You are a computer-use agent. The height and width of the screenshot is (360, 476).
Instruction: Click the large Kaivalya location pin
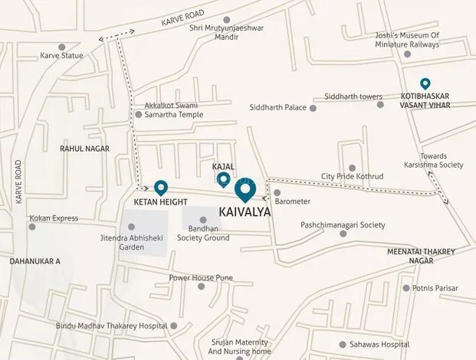coord(245,190)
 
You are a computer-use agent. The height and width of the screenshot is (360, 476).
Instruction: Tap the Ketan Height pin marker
coord(161,187)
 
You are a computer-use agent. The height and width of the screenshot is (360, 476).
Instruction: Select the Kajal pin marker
coord(223,179)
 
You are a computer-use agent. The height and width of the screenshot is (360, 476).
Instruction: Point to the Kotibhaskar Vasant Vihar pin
coord(425,83)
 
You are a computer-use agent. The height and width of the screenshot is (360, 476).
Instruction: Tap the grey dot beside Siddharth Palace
coord(313,108)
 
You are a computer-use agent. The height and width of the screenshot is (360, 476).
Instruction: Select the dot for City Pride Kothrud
coord(352,167)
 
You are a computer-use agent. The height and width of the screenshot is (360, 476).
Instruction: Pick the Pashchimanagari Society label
coord(343,225)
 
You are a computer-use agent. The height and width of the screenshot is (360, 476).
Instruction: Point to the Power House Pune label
coord(201,277)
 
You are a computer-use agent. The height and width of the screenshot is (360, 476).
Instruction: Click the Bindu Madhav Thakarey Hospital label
coord(111,326)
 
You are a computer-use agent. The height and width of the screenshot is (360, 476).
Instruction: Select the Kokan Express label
coord(54,218)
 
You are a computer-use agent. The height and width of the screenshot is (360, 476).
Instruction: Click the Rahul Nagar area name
coord(84,149)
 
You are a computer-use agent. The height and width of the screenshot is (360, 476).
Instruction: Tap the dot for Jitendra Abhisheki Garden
coord(131,227)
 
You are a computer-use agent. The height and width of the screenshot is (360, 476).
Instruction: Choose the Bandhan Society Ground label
coord(203,233)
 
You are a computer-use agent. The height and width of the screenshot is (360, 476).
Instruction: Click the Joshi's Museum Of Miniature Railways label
coord(412,40)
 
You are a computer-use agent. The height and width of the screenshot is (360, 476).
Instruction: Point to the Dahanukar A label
coord(35,261)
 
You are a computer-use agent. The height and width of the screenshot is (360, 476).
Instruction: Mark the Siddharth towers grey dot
coord(379,104)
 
